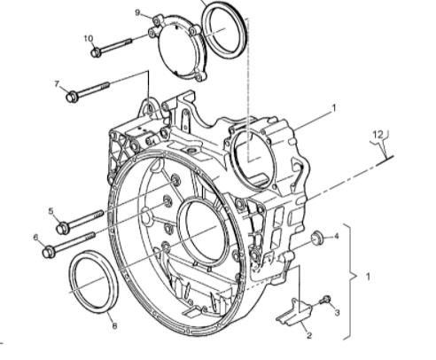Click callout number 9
pos(138,13)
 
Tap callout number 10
pos(89,38)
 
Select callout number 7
pos(58,84)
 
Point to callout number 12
pos(378,135)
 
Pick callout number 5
pos(51,211)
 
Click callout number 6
pos(36,238)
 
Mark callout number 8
pos(114,325)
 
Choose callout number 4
pos(337,236)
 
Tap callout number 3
pos(337,312)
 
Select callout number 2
pos(309,335)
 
